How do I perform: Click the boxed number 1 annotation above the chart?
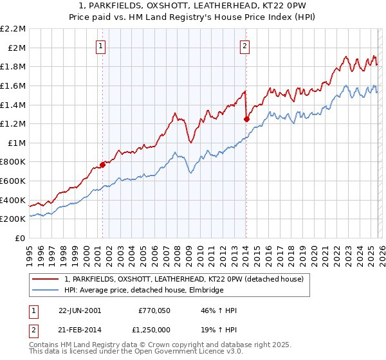click(102, 46)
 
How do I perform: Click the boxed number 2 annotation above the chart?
click(246, 46)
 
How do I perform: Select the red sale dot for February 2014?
click(246, 118)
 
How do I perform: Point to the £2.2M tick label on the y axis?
click(13, 29)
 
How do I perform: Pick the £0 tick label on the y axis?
click(21, 238)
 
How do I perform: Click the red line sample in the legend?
click(46, 279)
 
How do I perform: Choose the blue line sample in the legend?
click(46, 291)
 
